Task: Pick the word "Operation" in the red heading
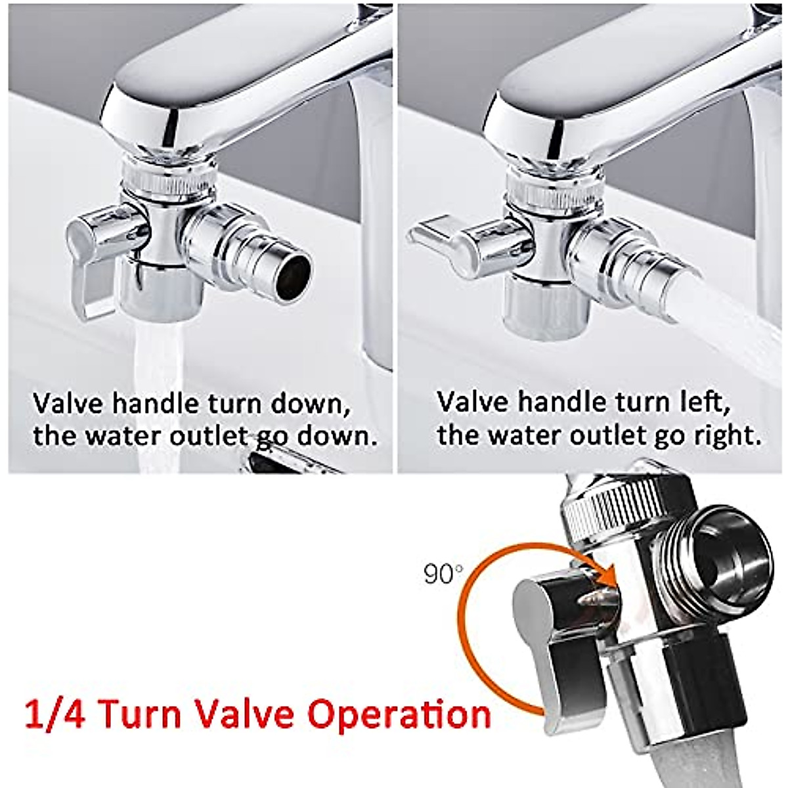click(399, 714)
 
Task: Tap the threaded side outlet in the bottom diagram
click(716, 558)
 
